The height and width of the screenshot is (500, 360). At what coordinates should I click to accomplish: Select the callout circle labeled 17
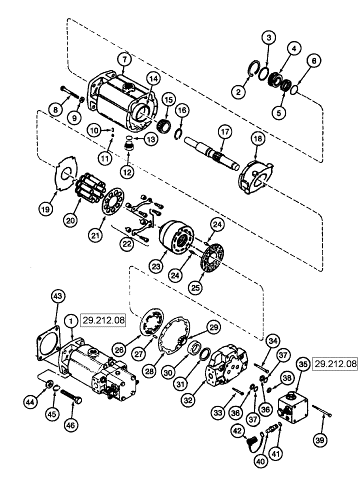pos(222,132)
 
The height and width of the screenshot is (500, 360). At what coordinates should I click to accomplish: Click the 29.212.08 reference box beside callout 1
pos(104,318)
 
